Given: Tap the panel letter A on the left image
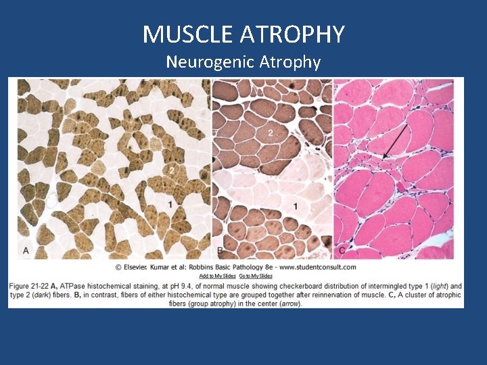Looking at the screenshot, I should coord(26,251).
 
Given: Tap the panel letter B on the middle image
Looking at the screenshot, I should coord(220,251).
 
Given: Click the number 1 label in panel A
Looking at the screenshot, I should coord(170,203).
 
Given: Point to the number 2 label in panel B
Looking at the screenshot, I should coord(270,133).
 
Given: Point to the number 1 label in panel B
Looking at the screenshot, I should coord(295,205).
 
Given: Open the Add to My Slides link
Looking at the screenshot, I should coord(217,276).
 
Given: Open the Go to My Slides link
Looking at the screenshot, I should coord(256,276).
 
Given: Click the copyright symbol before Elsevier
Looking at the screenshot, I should coord(119,267).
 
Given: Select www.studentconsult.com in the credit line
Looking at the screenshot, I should coord(317,267).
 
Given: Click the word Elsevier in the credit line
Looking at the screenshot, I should coord(138,267).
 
